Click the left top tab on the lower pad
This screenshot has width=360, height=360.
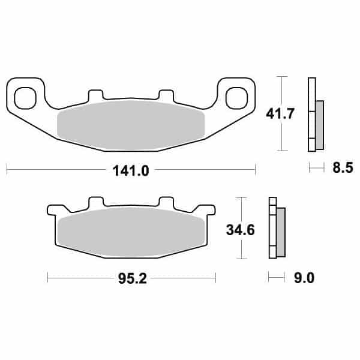click(95, 202)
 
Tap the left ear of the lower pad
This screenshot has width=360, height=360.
click(52, 211)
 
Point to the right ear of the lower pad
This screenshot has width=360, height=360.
click(209, 211)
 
